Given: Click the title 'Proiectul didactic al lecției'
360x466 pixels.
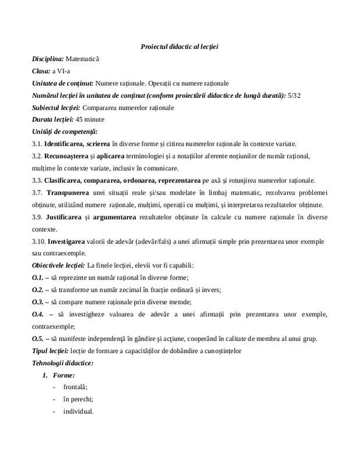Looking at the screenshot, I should point(179,46).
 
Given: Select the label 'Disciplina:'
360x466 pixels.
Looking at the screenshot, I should point(48,59).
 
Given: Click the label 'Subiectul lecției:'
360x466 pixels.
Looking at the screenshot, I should point(57,108).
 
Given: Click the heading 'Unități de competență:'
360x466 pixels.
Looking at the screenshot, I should point(65,132).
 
